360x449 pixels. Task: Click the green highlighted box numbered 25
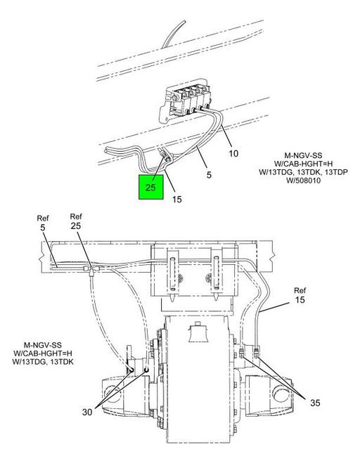click(151, 187)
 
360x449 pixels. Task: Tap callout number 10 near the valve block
click(233, 153)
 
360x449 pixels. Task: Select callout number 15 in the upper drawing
click(177, 200)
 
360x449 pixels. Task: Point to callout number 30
click(87, 412)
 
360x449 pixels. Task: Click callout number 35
click(315, 403)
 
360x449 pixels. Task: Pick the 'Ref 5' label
click(43, 223)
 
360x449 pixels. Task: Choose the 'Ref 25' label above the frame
click(76, 221)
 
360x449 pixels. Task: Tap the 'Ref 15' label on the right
click(300, 295)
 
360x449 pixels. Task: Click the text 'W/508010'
click(304, 181)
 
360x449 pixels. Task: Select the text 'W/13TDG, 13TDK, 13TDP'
click(304, 172)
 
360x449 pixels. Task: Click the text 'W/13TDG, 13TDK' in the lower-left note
click(43, 362)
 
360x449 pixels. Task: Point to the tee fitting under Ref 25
click(91, 270)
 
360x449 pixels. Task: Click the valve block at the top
click(187, 101)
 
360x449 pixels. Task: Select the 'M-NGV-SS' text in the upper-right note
click(303, 155)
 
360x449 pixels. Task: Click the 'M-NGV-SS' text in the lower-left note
click(43, 345)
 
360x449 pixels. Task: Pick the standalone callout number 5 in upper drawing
click(209, 175)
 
